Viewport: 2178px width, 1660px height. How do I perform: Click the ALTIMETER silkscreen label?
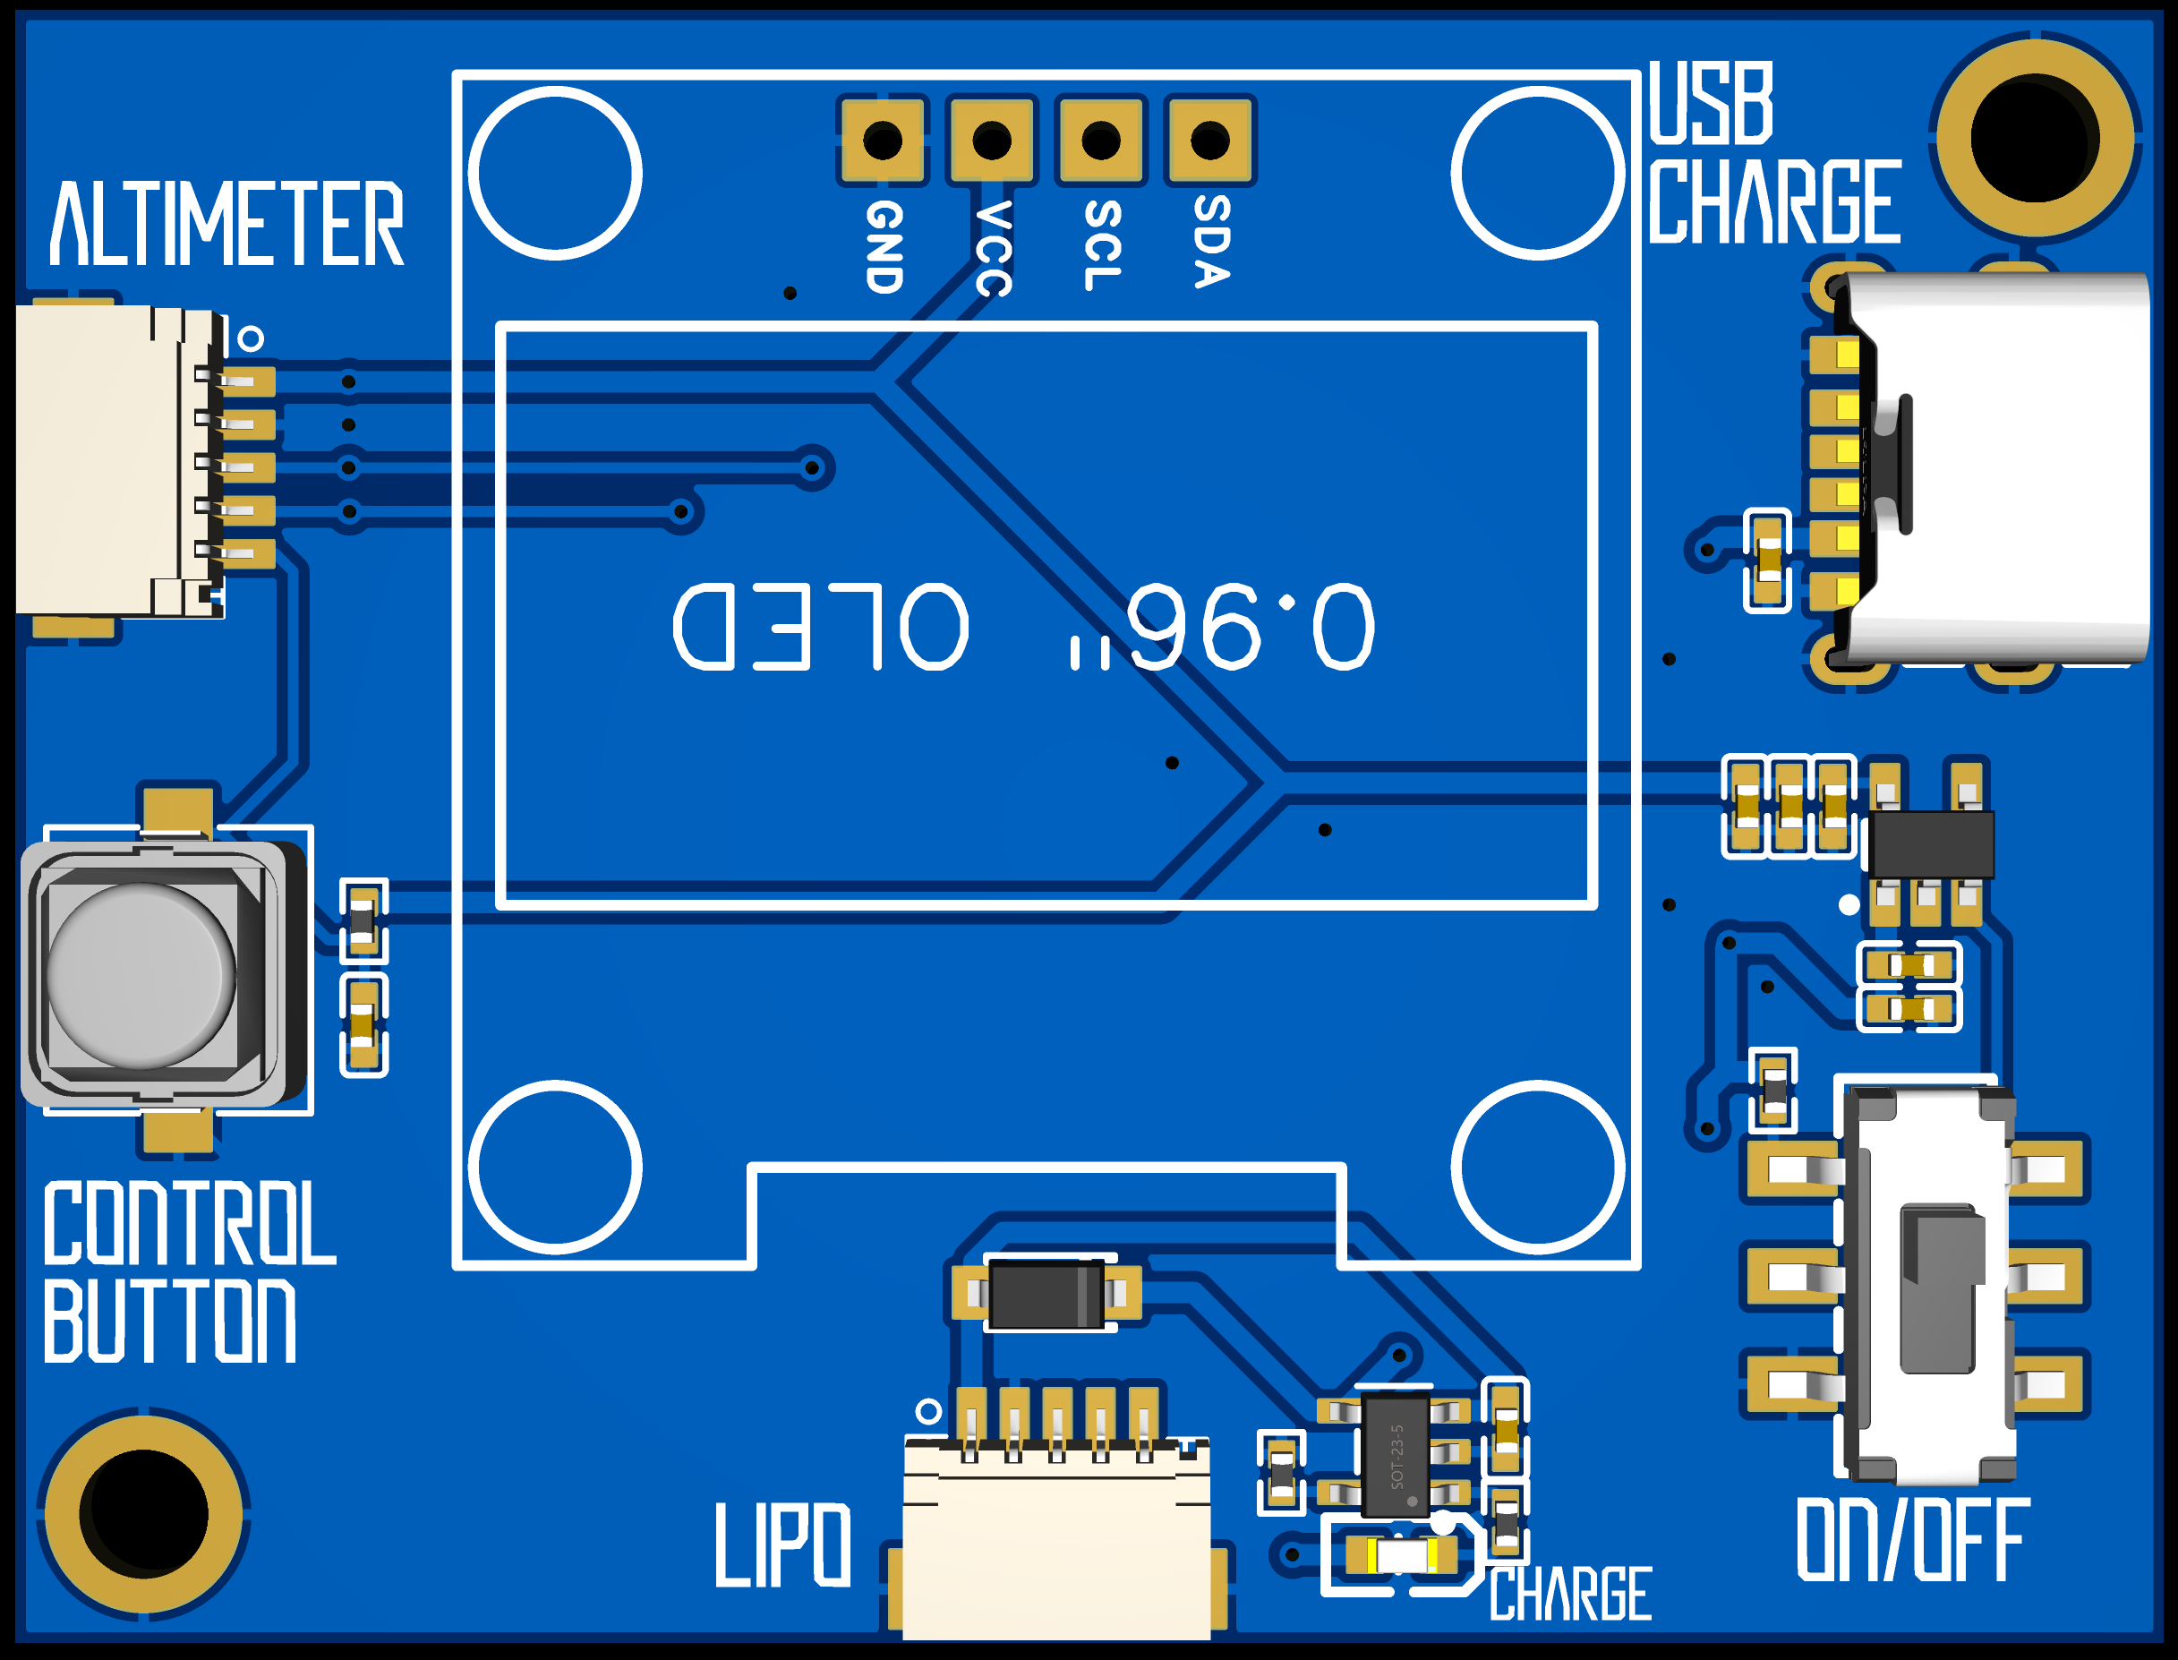(227, 225)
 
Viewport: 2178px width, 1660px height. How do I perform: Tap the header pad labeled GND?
(881, 141)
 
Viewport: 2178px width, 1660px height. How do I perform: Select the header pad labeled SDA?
(1209, 141)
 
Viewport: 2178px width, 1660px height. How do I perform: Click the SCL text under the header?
(1102, 245)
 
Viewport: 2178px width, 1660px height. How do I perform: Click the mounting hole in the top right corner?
(2035, 138)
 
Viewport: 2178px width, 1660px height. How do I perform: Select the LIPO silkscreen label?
(782, 1545)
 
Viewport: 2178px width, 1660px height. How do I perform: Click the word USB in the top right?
(1711, 103)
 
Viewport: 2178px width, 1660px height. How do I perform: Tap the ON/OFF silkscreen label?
(1912, 1539)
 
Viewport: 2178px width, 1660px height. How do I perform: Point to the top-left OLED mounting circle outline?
(555, 174)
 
